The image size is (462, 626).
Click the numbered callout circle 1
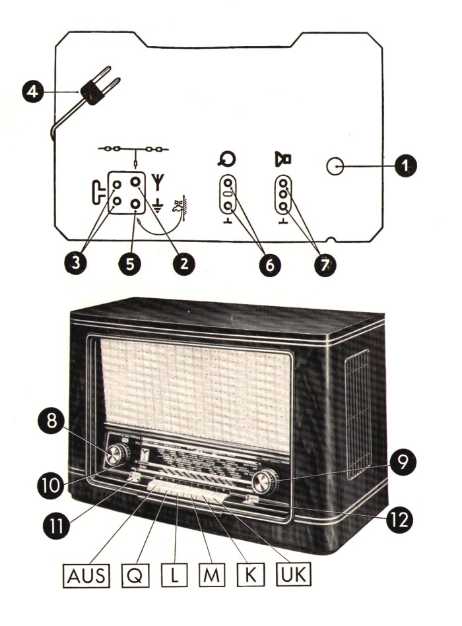click(401, 168)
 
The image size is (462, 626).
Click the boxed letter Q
click(135, 577)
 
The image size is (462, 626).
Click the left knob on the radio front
click(117, 454)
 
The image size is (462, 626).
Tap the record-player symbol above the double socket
click(228, 159)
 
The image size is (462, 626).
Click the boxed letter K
click(251, 577)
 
